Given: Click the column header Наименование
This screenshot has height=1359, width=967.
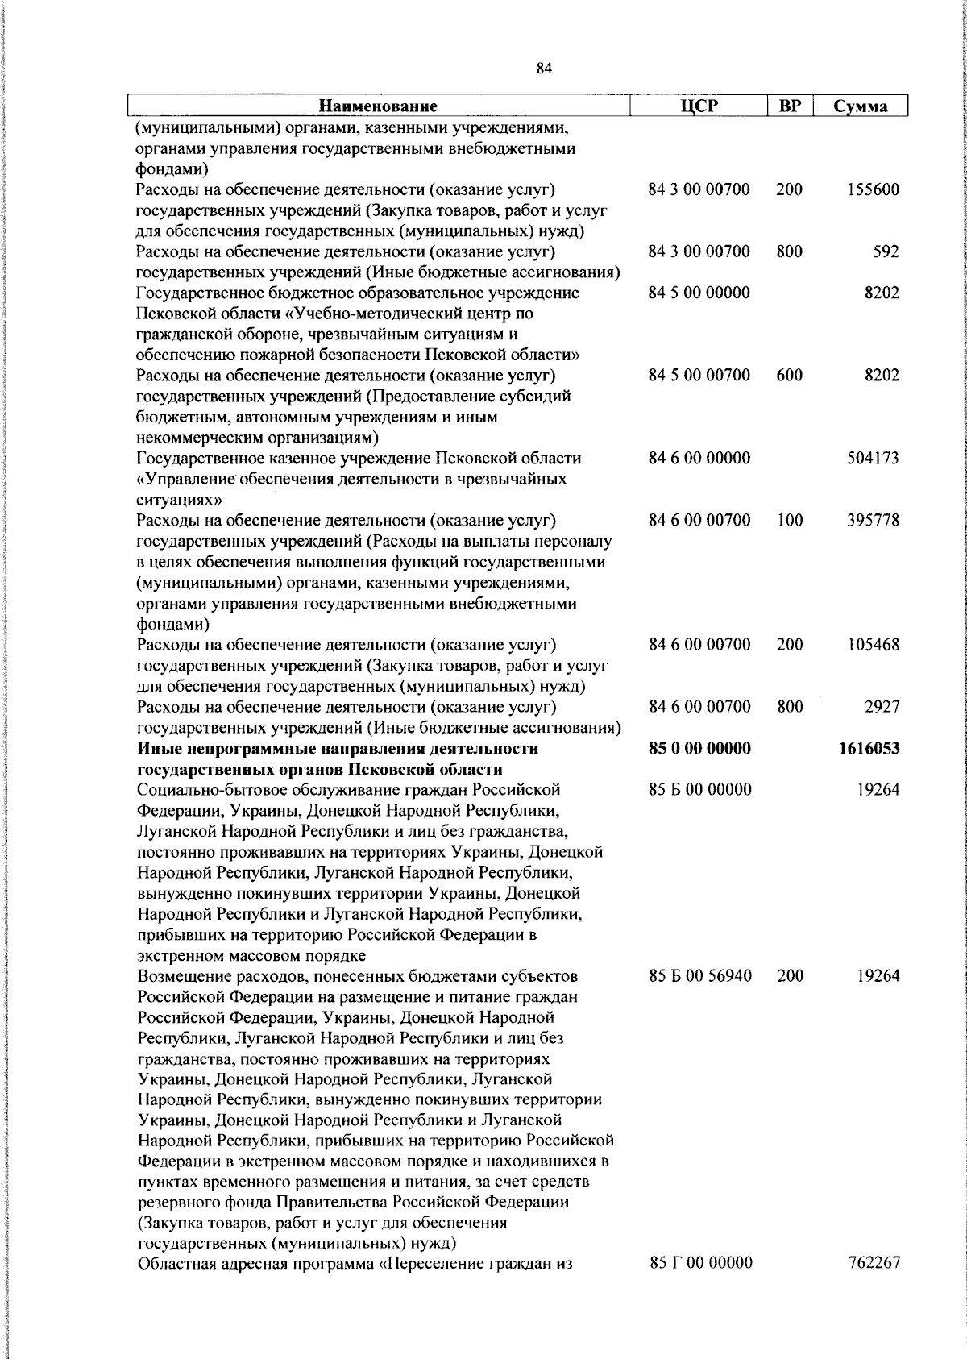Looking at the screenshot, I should [x=378, y=106].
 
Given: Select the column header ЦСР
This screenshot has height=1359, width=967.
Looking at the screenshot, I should [x=699, y=106].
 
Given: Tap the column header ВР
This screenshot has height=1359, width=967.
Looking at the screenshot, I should [x=790, y=106].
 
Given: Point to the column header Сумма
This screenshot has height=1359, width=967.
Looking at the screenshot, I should [x=861, y=106].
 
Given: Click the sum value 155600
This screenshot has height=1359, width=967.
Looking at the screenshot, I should [x=874, y=190].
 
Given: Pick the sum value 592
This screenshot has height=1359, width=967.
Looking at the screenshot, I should [x=886, y=251].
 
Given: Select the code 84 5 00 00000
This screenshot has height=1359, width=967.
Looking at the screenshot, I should [x=699, y=293].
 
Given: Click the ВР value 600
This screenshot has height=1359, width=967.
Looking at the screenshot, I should [x=790, y=375].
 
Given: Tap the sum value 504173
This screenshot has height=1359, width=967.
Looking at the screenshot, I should [x=874, y=458].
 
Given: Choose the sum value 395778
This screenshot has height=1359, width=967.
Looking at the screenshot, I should [x=874, y=520].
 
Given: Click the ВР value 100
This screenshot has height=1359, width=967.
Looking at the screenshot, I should [x=790, y=520].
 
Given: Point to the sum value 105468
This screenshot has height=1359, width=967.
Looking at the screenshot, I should [x=874, y=644].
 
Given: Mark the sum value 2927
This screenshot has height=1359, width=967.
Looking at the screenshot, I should [x=882, y=706].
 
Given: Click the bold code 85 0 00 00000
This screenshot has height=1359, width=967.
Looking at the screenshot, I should [x=699, y=748].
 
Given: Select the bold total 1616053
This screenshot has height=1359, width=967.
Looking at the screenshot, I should [x=869, y=749].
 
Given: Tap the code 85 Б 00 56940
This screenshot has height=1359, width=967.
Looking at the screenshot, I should [x=699, y=975].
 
